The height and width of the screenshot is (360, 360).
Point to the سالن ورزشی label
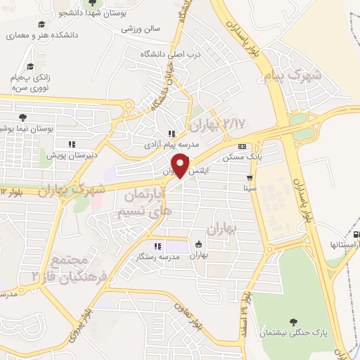click(x=141, y=29)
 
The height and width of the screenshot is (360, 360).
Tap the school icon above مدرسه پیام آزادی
click(x=170, y=134)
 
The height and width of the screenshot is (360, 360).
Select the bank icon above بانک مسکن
click(x=242, y=146)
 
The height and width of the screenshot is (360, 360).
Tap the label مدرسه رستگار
click(x=160, y=257)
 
